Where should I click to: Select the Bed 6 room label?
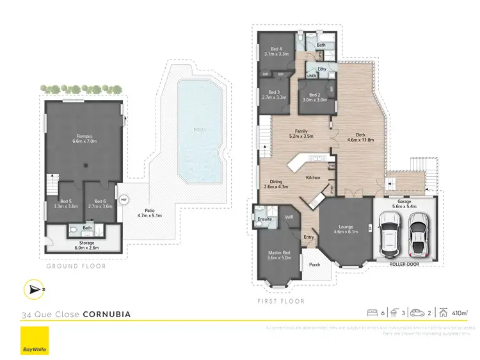pyautogui.click(x=99, y=204)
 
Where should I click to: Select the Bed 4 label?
pyautogui.click(x=276, y=52)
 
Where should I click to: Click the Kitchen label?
pyautogui.click(x=312, y=177)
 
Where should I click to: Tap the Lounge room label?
pyautogui.click(x=345, y=229)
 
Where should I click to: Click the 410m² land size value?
pyautogui.click(x=459, y=313)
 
